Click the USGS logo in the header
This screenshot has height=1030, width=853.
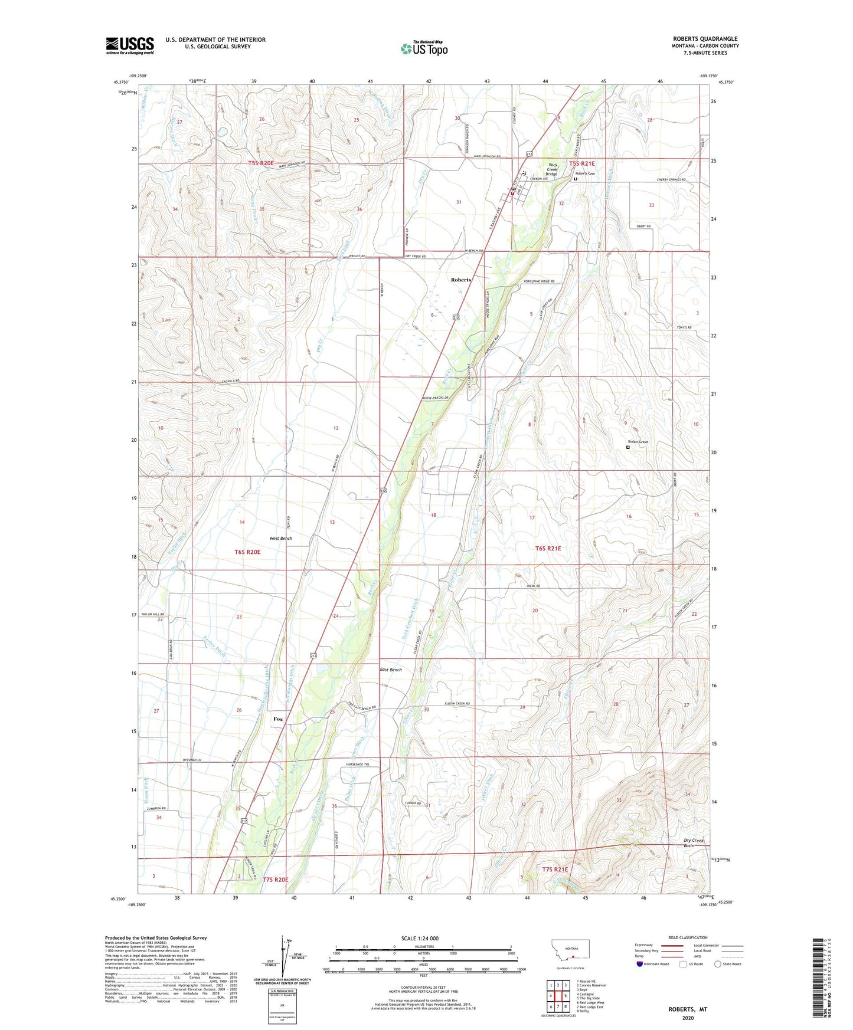pyautogui.click(x=130, y=45)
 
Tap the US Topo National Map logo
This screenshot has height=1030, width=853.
pyautogui.click(x=423, y=48)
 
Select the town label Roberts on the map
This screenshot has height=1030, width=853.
pyautogui.click(x=460, y=280)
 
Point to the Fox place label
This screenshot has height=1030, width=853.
pyautogui.click(x=277, y=719)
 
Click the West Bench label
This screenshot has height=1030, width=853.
pyautogui.click(x=280, y=538)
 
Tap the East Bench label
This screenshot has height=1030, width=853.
pyautogui.click(x=391, y=670)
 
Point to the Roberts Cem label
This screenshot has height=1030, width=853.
pyautogui.click(x=586, y=173)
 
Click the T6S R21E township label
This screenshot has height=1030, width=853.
pyautogui.click(x=548, y=549)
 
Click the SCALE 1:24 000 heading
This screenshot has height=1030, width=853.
pyautogui.click(x=420, y=938)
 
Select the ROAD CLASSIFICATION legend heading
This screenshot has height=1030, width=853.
pyautogui.click(x=688, y=937)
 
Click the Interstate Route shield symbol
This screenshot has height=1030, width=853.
pyautogui.click(x=640, y=964)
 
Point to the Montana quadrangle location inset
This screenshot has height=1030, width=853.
pyautogui.click(x=570, y=953)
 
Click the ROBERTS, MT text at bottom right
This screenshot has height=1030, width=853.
pyautogui.click(x=687, y=1009)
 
